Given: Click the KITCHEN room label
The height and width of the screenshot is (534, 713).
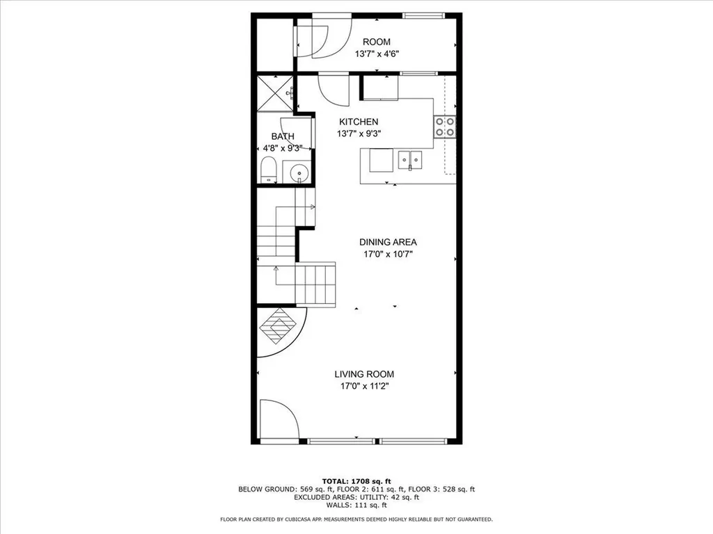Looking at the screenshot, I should [x=359, y=122].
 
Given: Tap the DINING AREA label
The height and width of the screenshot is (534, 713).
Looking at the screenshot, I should [x=388, y=242].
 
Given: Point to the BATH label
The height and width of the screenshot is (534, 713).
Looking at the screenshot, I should [x=283, y=136].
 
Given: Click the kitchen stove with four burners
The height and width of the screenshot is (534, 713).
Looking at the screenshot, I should [x=446, y=126].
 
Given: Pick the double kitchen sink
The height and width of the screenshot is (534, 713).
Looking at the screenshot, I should [x=410, y=160].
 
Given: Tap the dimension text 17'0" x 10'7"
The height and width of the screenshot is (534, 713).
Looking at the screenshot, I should [x=388, y=254].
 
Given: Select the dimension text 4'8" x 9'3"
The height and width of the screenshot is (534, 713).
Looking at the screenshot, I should [x=283, y=148].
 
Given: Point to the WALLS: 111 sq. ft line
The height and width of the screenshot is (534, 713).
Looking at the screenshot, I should [x=356, y=505].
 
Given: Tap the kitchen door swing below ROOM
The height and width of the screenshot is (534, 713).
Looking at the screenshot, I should [x=329, y=88].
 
